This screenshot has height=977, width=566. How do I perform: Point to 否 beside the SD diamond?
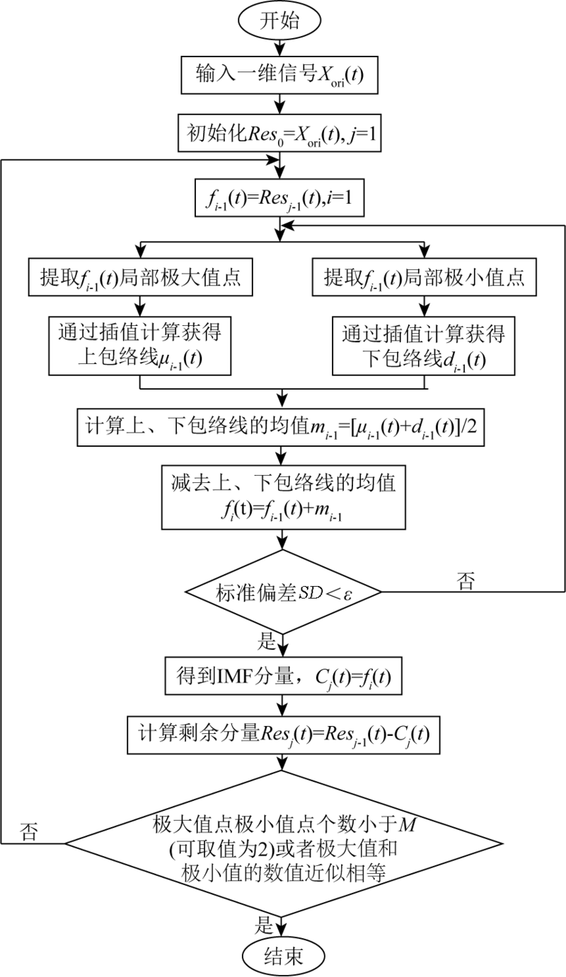point(466,581)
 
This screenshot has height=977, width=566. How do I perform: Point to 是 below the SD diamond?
point(267,641)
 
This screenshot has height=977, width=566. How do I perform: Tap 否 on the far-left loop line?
point(29,831)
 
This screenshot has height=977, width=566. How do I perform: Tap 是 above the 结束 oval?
point(264,925)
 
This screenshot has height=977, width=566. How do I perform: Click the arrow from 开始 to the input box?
point(279,47)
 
